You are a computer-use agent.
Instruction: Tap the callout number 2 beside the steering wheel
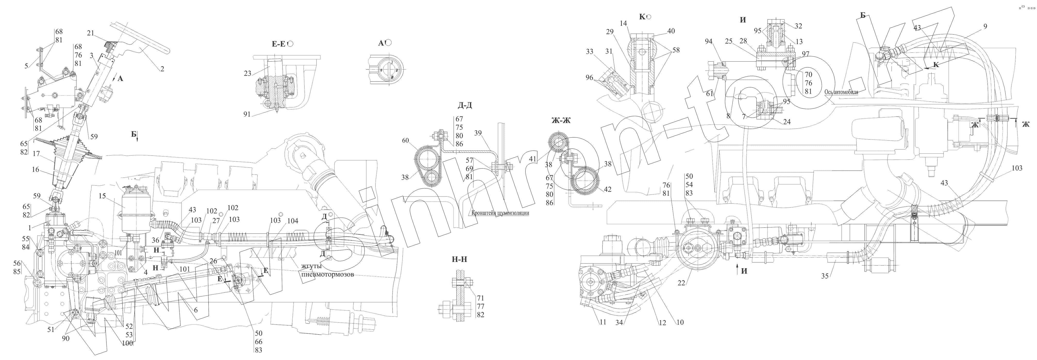click(x=162, y=69)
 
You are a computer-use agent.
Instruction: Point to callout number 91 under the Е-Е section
click(x=247, y=114)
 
